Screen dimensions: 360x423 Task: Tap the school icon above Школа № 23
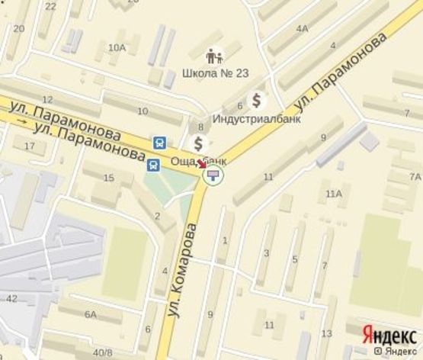(213, 56)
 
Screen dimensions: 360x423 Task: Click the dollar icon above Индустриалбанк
(258, 99)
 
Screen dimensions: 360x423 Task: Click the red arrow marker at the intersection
(202, 164)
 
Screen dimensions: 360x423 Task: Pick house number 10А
(117, 48)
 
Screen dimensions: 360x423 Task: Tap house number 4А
(303, 29)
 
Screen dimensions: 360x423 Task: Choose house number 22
(51, 6)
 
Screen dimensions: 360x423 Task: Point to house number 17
(30, 145)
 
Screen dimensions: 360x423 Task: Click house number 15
(107, 178)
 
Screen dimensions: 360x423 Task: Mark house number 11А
(333, 194)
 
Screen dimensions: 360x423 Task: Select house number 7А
(415, 176)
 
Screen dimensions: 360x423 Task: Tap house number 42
(11, 298)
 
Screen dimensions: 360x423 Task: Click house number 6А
(91, 314)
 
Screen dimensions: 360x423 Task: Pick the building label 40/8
(102, 352)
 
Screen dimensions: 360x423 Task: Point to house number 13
(326, 333)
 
